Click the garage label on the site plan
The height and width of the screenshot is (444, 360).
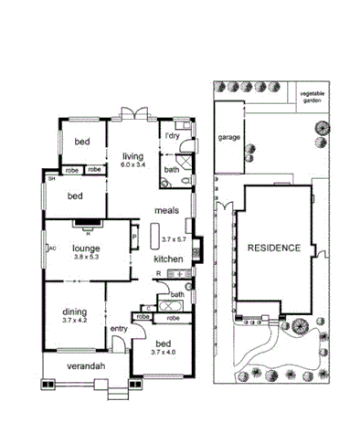pos(228,137)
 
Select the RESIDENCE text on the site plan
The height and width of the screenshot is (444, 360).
pos(271,248)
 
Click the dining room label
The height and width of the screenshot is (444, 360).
pos(76,311)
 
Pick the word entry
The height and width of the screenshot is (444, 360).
pos(119,329)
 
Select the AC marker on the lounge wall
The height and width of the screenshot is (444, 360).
pos(53,247)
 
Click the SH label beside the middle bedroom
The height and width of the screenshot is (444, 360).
pos(52,179)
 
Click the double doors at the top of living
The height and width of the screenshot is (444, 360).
pos(136,116)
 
